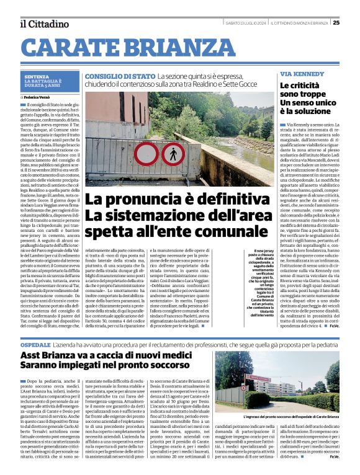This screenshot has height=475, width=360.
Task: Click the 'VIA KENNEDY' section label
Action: pyautogui.click(x=302, y=73)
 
